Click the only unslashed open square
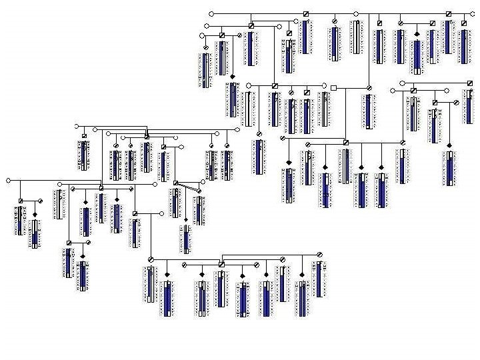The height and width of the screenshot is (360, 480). coord(333,87)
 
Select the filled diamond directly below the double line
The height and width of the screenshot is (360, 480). coord(186,219)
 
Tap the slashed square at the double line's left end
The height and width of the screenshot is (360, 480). coord(175,183)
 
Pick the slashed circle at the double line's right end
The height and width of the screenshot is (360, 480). coord(200,191)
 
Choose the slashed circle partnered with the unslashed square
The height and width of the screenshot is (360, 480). coord(368,87)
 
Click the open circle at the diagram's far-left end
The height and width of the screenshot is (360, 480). coord(8,180)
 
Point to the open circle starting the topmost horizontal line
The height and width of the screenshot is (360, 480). coord(211,13)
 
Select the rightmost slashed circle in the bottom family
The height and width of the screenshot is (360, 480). coord(319,254)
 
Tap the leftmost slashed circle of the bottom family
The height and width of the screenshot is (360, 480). coord(151,259)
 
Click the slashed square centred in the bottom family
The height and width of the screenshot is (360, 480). coord(221,264)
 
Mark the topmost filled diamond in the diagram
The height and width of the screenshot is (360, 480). coord(417,33)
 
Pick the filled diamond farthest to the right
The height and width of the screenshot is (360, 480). coord(450,145)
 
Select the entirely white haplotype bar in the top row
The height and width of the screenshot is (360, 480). coord(357,37)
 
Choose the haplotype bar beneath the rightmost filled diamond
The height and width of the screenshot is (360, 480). coord(451,168)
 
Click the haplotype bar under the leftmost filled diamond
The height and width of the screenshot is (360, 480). coord(35,234)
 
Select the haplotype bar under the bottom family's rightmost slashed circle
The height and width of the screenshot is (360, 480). coord(319,279)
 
